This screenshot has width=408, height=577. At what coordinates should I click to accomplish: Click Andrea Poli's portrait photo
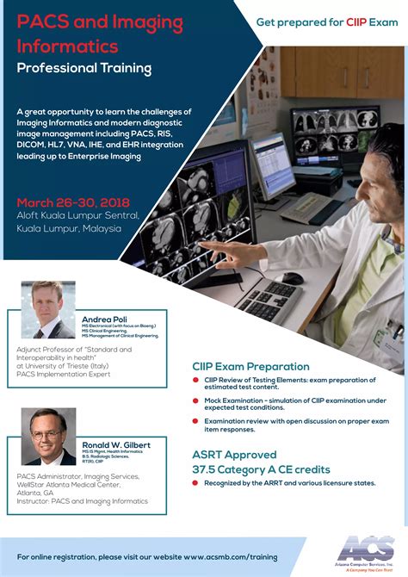(48, 310)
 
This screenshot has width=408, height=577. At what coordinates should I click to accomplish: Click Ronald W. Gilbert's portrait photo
(48, 436)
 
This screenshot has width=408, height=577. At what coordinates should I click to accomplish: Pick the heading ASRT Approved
(234, 454)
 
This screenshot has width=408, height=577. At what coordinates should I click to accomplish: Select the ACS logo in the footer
(367, 549)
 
